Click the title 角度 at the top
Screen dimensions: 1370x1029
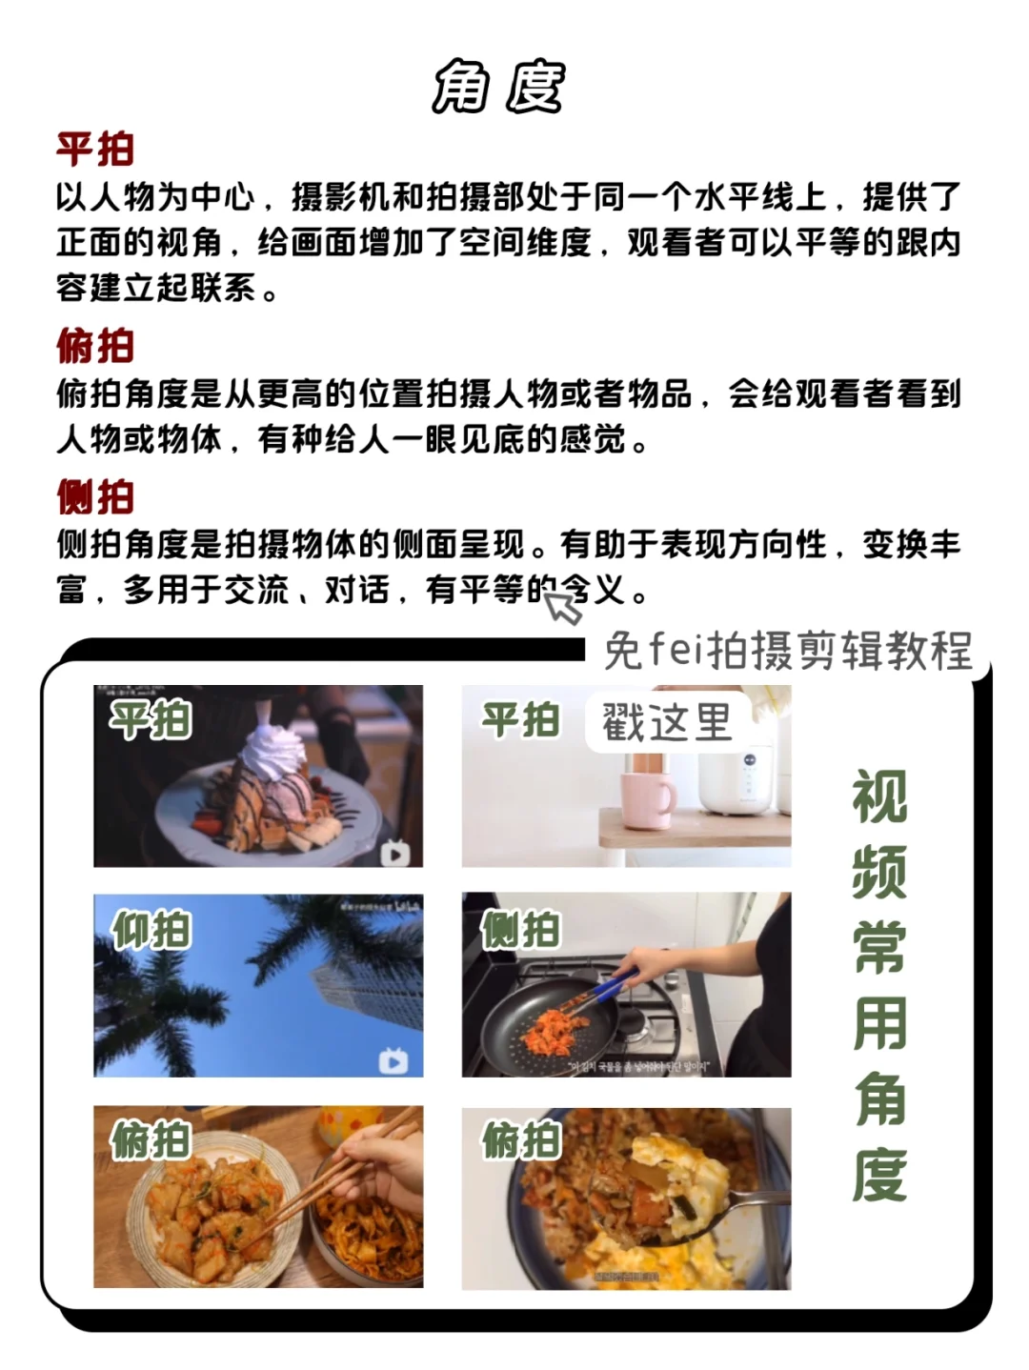coord(498,88)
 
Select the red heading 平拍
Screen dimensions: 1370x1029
coord(94,150)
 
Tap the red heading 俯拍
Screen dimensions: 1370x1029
coord(94,346)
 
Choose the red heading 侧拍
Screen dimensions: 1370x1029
coord(94,497)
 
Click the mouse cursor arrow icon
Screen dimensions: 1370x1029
coord(563,606)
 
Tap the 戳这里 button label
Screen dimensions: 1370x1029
coord(667,722)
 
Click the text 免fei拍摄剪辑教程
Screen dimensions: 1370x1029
coord(787,652)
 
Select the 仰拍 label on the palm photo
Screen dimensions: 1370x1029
coord(151,930)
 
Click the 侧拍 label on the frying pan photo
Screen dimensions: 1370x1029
coord(520,930)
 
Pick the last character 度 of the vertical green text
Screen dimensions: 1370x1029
coord(879,1175)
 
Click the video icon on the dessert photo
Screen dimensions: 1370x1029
coord(394,853)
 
